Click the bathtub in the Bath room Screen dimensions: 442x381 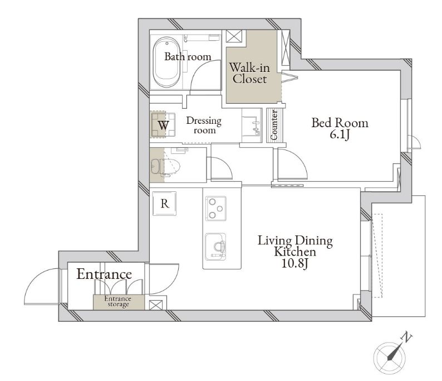[x=166, y=62]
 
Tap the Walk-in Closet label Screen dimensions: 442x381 [x=249, y=73]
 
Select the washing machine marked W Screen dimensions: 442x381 [x=163, y=125]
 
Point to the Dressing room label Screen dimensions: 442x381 [x=204, y=125]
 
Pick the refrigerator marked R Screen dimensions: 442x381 [x=165, y=204]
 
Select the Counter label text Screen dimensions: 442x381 [x=274, y=124]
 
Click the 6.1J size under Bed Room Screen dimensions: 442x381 [x=340, y=135]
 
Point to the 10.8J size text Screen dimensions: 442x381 [x=295, y=264]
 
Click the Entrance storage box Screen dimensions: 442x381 [x=119, y=302]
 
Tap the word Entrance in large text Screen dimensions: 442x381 [x=104, y=274]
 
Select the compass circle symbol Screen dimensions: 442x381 [x=389, y=356]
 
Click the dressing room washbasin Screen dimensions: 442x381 [x=252, y=126]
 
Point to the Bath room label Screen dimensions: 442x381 [x=188, y=57]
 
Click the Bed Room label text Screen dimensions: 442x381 [x=340, y=123]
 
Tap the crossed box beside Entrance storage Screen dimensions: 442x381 [x=156, y=305]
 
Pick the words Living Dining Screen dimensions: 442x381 [x=296, y=241]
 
